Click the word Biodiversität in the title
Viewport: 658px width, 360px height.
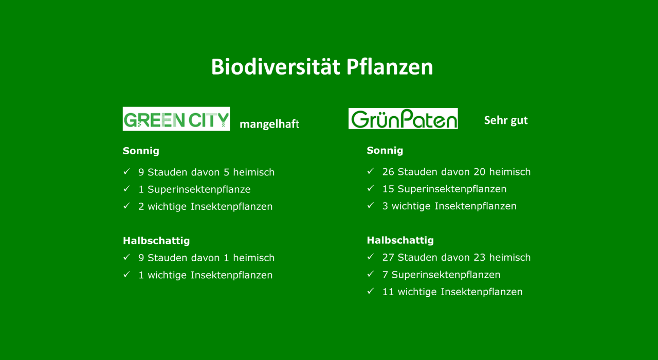point(276,67)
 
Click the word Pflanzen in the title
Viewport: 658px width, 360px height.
point(390,67)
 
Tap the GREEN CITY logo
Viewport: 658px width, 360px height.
point(176,119)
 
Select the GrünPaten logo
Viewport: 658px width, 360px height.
point(403,118)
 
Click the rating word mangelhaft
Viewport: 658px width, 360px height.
point(269,124)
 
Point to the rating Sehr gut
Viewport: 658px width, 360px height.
point(506,120)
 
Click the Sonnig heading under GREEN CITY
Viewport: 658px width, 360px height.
point(141,151)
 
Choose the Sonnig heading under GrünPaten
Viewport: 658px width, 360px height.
point(385,151)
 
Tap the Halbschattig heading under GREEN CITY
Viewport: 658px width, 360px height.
point(156,241)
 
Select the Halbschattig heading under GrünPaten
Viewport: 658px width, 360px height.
point(400,240)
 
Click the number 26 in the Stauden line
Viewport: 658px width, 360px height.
point(388,172)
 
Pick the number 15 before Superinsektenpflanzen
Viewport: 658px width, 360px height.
point(388,189)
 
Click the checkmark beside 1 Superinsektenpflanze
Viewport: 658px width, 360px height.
point(126,188)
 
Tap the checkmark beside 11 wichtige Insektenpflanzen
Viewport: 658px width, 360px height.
point(371,291)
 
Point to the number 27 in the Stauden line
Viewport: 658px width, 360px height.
point(388,258)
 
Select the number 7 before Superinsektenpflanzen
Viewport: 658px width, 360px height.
point(385,275)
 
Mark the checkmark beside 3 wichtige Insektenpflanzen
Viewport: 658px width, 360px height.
point(371,205)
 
